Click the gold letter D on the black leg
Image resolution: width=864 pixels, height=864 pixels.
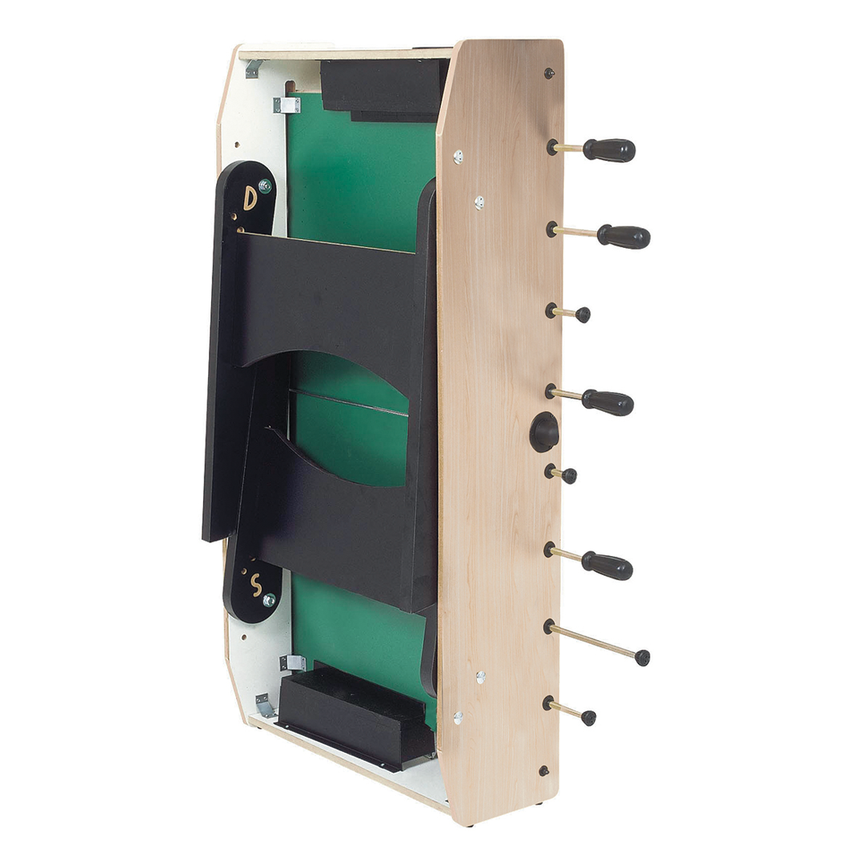click(x=249, y=198)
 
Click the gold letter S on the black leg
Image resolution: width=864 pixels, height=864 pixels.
click(x=256, y=585)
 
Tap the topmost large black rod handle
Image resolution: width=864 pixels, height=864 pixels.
click(x=609, y=150)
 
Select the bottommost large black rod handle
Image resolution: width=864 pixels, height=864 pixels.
click(x=606, y=566)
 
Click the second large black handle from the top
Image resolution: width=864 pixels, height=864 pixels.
click(x=624, y=237)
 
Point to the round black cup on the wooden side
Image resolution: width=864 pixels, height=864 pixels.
click(x=544, y=431)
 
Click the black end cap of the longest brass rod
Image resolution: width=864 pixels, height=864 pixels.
click(x=642, y=658)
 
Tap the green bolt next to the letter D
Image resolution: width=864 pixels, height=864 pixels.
click(x=265, y=186)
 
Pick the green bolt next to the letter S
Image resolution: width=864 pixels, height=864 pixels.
click(x=269, y=600)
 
